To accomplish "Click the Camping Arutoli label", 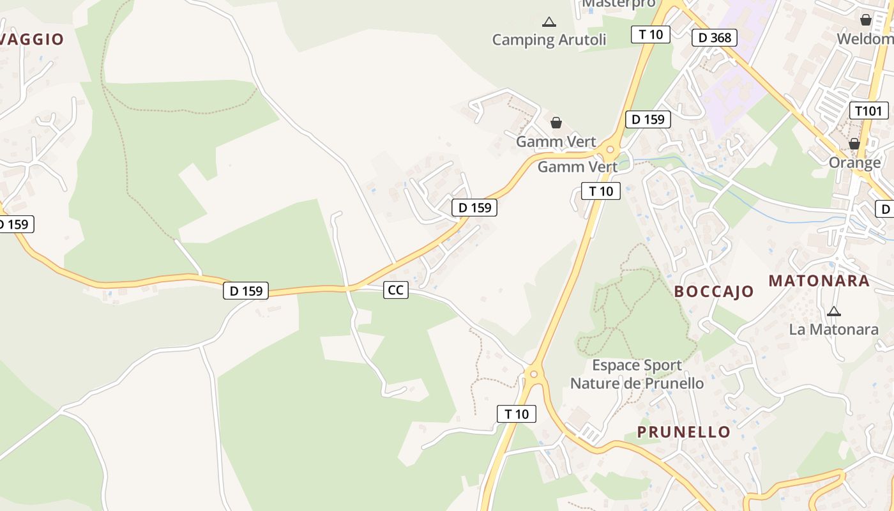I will coord(549,40).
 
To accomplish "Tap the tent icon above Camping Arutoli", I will coord(549,22).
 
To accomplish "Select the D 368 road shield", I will coord(715,37).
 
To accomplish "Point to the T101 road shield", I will coord(868,111).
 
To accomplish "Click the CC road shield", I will coord(396,290).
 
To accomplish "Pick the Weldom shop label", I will coord(865,38).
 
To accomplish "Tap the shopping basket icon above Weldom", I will coord(866,20).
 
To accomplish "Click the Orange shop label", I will coord(854,162).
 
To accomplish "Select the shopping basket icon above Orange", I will coord(854,144).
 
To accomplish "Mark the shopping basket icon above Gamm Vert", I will coord(556,123).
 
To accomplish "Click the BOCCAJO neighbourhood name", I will coord(714,292).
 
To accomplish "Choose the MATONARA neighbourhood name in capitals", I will coord(819,280).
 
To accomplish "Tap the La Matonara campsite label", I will coord(834,330).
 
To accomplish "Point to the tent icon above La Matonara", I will coord(833,311).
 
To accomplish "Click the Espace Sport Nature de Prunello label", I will coord(637,374).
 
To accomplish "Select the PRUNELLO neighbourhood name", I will coord(684,432).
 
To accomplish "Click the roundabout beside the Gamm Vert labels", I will coord(610,149).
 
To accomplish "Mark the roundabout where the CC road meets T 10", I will coord(534,374).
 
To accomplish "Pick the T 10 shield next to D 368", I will coord(650,34).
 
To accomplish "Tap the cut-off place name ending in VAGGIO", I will coord(32,40).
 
